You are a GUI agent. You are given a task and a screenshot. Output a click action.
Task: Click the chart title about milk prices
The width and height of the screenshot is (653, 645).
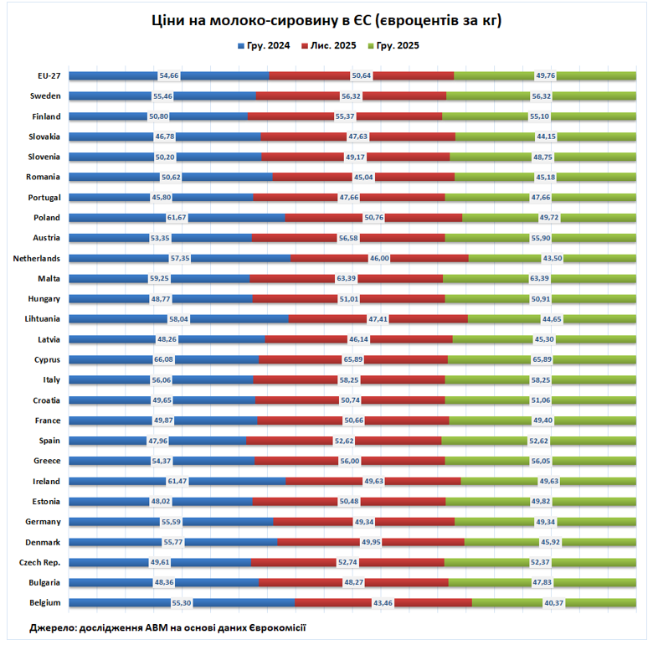tap(326, 21)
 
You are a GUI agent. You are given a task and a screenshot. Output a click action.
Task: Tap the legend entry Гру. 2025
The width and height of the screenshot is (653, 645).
tap(398, 45)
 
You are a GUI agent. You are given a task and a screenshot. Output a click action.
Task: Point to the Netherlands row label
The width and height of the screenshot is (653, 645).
tap(36, 258)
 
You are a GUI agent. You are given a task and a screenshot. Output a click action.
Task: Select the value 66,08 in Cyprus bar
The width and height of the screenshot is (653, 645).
tap(163, 359)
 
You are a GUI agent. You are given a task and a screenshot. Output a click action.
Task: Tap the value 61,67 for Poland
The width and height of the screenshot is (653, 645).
tap(177, 218)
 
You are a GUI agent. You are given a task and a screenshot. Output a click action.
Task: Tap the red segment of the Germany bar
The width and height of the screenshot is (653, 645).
tap(311, 521)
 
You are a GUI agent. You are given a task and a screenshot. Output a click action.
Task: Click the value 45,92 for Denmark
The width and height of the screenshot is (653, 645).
tap(549, 541)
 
